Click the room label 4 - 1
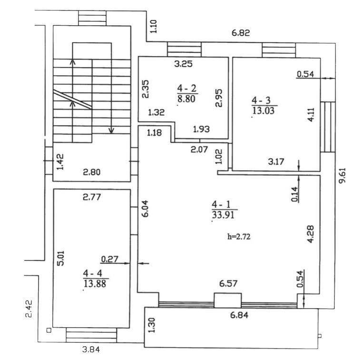click(221, 205)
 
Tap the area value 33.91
click(223, 215)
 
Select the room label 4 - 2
click(186, 89)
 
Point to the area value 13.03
click(263, 110)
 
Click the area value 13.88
click(95, 283)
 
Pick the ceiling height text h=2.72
click(239, 237)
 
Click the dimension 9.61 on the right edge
click(342, 175)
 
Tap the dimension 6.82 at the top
click(241, 33)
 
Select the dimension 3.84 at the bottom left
click(91, 350)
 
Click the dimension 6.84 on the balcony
click(239, 315)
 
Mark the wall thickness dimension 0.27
click(110, 259)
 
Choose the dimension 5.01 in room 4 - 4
click(61, 258)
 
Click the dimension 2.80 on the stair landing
click(92, 172)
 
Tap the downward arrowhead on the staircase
click(111, 131)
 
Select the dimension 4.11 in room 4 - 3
click(311, 115)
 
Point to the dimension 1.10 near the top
click(154, 26)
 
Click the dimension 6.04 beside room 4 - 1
click(145, 209)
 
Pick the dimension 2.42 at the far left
click(29, 309)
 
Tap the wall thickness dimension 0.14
click(294, 194)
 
